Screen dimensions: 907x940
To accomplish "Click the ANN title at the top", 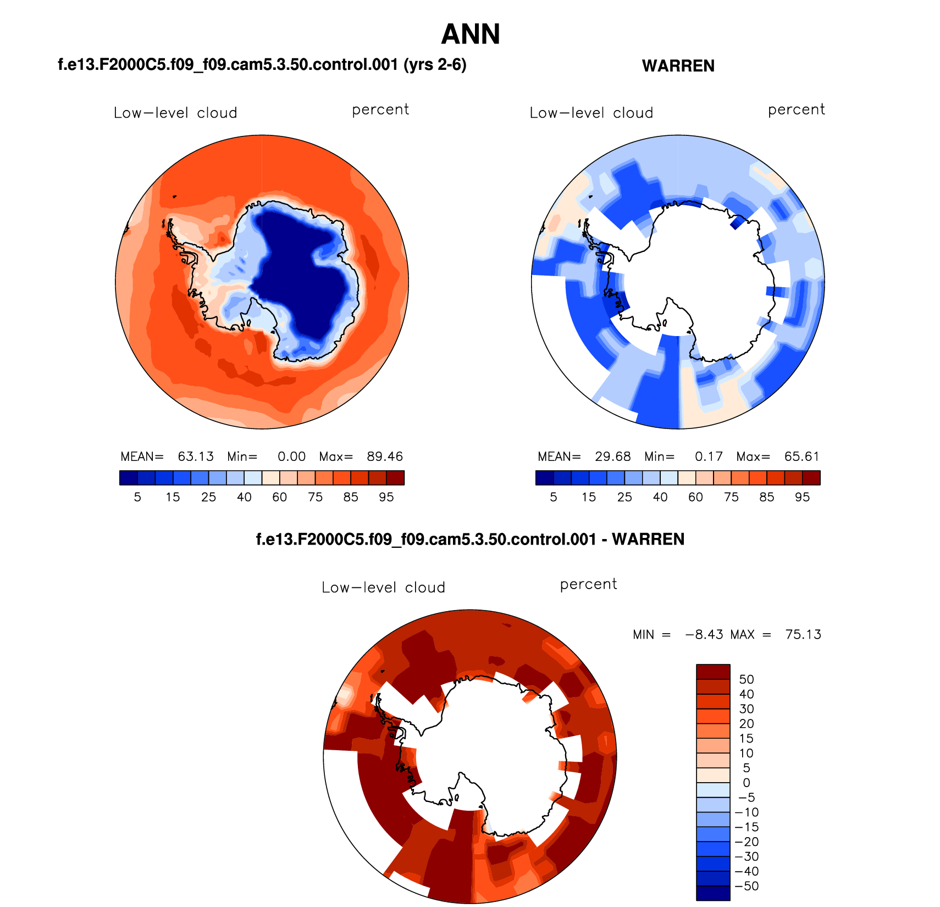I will (x=471, y=34).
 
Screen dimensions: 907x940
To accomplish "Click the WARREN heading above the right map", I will (x=678, y=66).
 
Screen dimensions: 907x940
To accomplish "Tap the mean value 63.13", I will (x=196, y=457).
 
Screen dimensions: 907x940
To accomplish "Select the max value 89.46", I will (x=385, y=457).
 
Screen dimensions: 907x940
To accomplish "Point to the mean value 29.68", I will (x=613, y=457).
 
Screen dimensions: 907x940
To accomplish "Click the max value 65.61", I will (x=802, y=457).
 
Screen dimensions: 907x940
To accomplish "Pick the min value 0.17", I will (x=709, y=457).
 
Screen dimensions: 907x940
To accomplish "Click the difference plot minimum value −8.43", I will (x=704, y=635).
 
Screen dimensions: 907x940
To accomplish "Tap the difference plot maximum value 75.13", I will (x=803, y=635).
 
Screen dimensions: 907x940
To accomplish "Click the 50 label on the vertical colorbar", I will (x=746, y=679).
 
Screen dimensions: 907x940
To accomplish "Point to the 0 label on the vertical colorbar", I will (x=746, y=783).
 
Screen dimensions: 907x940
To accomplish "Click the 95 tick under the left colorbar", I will (x=386, y=497).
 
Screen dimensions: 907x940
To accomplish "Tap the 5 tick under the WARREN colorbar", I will (x=554, y=497).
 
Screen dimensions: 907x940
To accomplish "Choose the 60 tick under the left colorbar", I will (x=280, y=497).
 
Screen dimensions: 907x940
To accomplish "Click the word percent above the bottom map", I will (x=588, y=584).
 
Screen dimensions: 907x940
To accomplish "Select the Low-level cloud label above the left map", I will (x=175, y=113).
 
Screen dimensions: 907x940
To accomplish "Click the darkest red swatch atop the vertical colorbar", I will (x=713, y=672).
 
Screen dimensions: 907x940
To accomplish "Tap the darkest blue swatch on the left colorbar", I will (x=129, y=477).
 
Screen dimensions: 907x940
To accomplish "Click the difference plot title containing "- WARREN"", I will (x=470, y=539).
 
